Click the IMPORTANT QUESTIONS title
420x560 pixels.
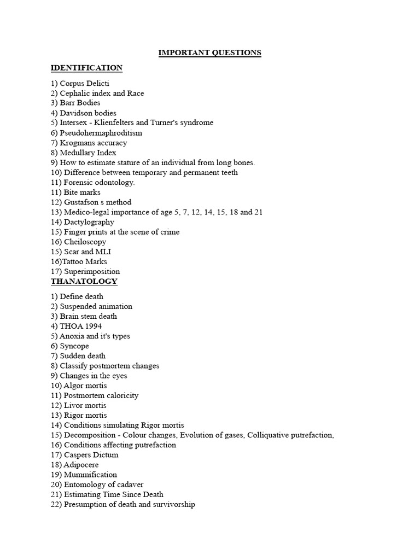209,53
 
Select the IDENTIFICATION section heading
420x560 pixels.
86,68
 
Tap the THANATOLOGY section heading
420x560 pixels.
84,281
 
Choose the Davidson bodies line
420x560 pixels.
87,113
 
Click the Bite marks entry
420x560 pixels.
82,192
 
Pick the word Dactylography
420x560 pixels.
89,222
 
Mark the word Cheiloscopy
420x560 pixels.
85,242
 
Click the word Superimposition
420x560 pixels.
92,271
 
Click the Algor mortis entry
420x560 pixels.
85,386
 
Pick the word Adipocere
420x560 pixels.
81,465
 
